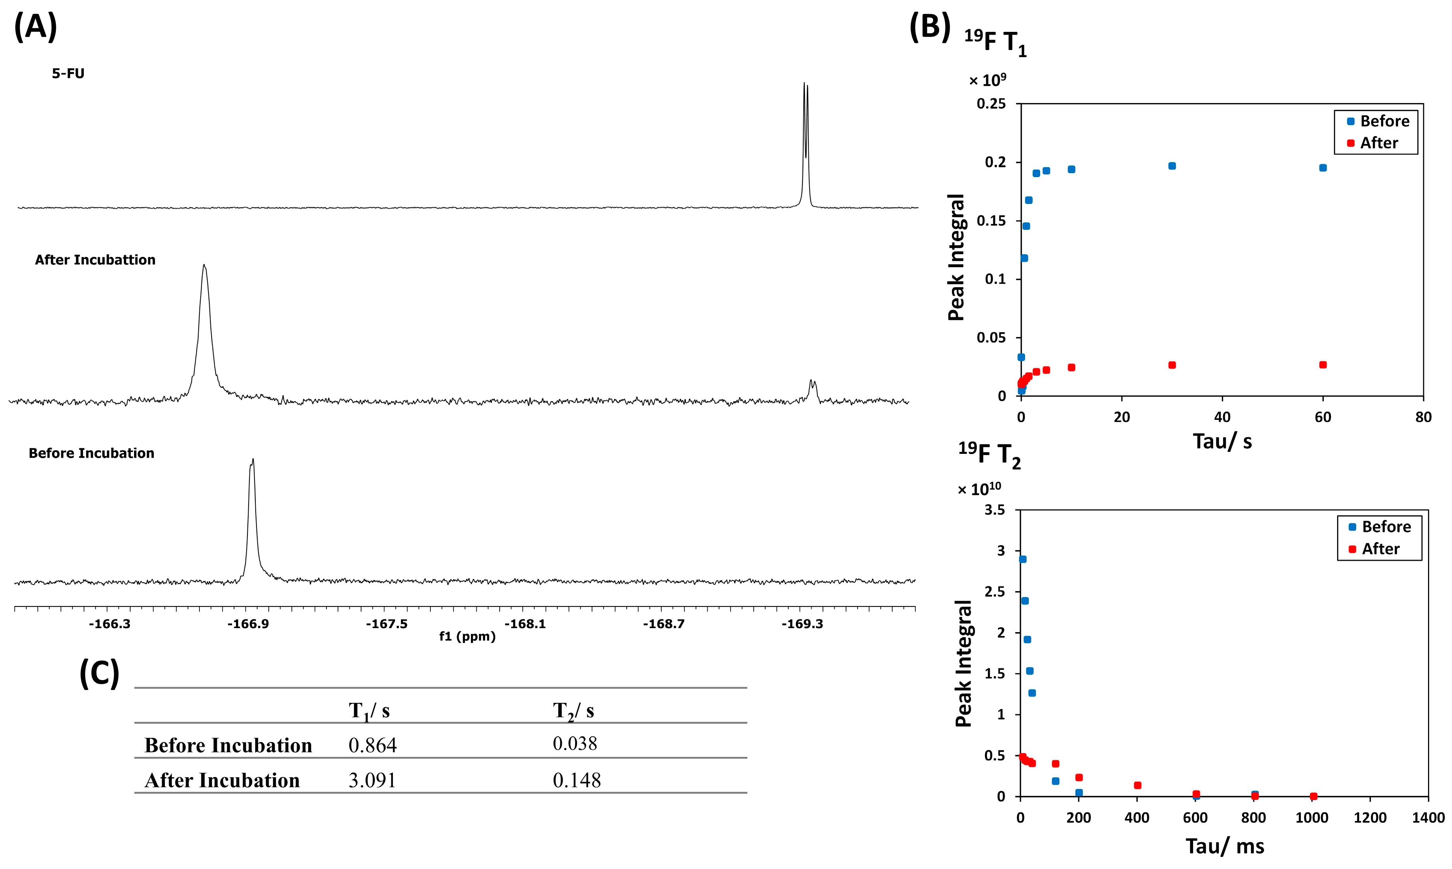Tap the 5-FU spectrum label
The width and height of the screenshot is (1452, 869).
point(68,74)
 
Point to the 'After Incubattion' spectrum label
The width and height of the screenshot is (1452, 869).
point(95,260)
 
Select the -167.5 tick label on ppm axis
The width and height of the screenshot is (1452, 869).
point(386,624)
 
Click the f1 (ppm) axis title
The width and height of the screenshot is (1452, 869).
point(467,636)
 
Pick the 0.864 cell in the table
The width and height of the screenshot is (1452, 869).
point(372,745)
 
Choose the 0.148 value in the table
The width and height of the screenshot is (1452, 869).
point(576,780)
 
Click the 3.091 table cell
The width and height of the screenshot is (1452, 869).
point(372,780)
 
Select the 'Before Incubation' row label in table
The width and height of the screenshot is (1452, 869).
point(228,745)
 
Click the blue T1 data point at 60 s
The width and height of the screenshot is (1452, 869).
point(1323,168)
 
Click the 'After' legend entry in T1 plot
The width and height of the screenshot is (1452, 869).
point(1378,143)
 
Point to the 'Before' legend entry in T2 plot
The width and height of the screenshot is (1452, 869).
point(1385,527)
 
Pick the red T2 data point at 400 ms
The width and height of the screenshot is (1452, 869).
point(1138,785)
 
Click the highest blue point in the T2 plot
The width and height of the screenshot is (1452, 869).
point(1022,559)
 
